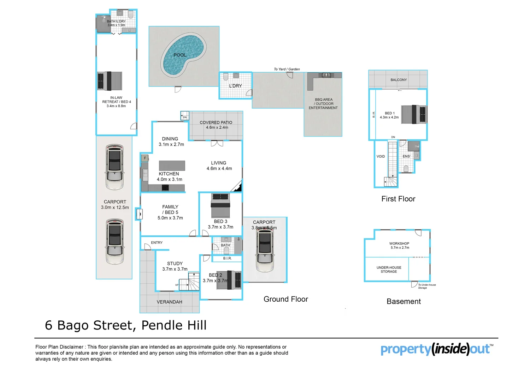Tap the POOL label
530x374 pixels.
[x=180, y=55]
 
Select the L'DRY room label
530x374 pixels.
[x=235, y=86]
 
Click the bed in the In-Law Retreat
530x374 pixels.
[x=110, y=81]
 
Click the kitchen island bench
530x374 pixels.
[x=172, y=165]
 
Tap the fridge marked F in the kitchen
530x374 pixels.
[x=145, y=158]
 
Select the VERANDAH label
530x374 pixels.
[x=170, y=302]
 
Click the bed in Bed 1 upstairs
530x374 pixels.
[x=414, y=114]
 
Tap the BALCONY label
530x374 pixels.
[x=399, y=80]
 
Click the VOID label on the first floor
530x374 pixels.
[x=381, y=157]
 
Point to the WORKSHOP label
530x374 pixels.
[x=399, y=243]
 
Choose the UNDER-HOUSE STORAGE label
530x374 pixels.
[x=389, y=270]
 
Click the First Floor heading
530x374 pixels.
[x=398, y=199]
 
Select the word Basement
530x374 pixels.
[x=404, y=302]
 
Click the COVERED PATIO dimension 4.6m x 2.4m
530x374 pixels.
[x=217, y=128]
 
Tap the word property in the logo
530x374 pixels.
[x=406, y=349]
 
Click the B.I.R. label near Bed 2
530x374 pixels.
[x=227, y=259]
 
